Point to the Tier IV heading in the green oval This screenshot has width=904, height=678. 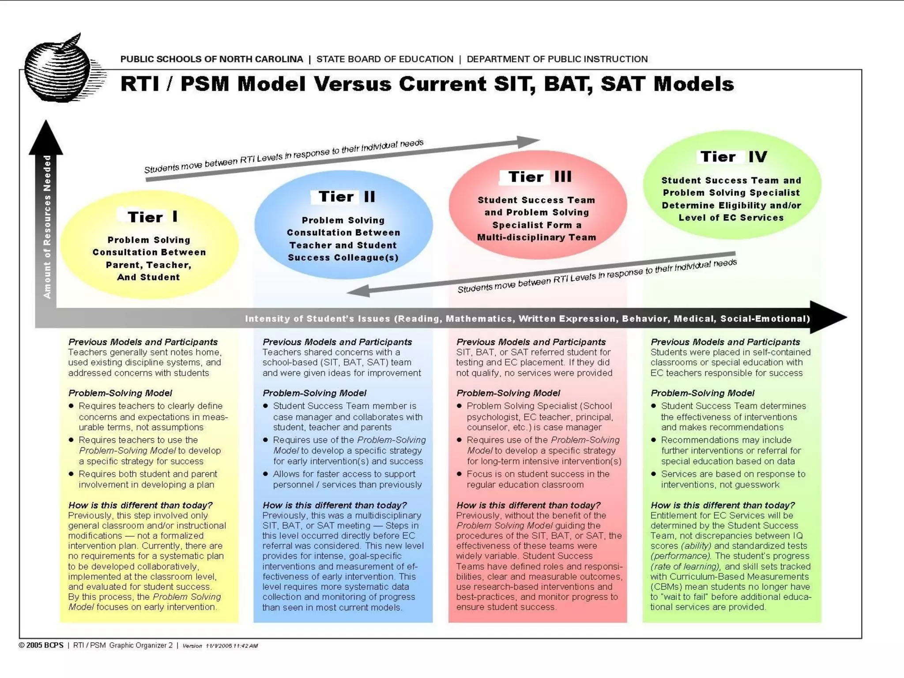pyautogui.click(x=733, y=157)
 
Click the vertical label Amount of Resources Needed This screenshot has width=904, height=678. pyautogui.click(x=47, y=226)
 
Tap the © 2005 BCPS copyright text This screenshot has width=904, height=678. pyautogui.click(x=41, y=645)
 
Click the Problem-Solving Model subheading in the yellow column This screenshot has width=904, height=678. pyautogui.click(x=120, y=393)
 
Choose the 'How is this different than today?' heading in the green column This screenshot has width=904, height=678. pyautogui.click(x=723, y=505)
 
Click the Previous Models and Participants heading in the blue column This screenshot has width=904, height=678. pyautogui.click(x=337, y=342)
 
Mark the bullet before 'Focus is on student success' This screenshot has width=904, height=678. pyautogui.click(x=459, y=474)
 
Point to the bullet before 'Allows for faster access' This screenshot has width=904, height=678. pyautogui.click(x=265, y=474)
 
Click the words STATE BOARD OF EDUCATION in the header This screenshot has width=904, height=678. pyautogui.click(x=384, y=59)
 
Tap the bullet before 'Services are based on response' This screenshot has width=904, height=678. pyautogui.click(x=653, y=474)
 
